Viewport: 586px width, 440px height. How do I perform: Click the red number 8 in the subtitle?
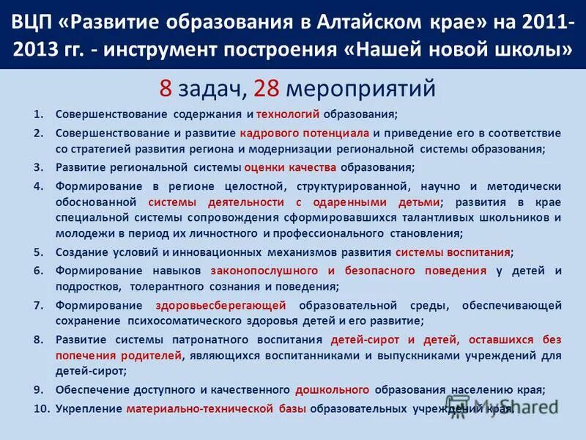[x=166, y=89]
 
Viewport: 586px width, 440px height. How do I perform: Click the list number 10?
[x=40, y=408]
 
